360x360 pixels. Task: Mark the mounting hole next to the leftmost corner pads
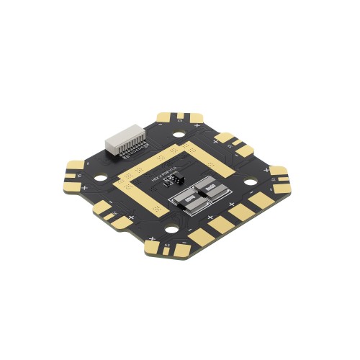point(97,176)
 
